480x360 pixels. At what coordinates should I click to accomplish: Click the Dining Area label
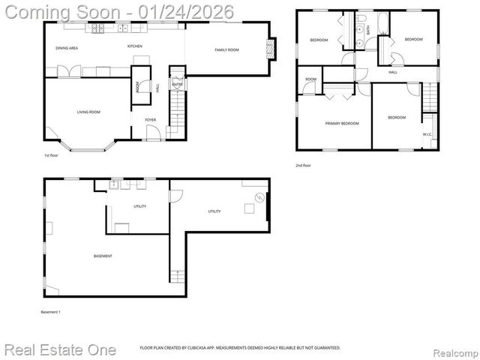point(67,48)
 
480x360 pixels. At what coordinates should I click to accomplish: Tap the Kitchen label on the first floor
point(134,46)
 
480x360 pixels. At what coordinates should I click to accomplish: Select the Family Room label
point(226,49)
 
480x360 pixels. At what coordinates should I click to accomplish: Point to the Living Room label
point(88,112)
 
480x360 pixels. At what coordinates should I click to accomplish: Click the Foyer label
point(150,119)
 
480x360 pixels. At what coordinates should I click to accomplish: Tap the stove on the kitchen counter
point(97,29)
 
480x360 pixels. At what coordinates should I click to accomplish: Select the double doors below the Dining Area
point(67,72)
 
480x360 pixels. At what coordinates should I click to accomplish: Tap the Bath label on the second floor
point(368,31)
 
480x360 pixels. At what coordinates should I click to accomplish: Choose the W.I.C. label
point(427,135)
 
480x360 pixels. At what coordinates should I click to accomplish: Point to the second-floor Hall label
point(393,73)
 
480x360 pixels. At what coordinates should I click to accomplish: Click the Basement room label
point(103,256)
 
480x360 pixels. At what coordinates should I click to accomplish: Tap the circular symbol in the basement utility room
point(259,198)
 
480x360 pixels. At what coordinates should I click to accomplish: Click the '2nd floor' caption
point(303,165)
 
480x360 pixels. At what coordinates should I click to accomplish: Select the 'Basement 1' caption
point(50,311)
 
